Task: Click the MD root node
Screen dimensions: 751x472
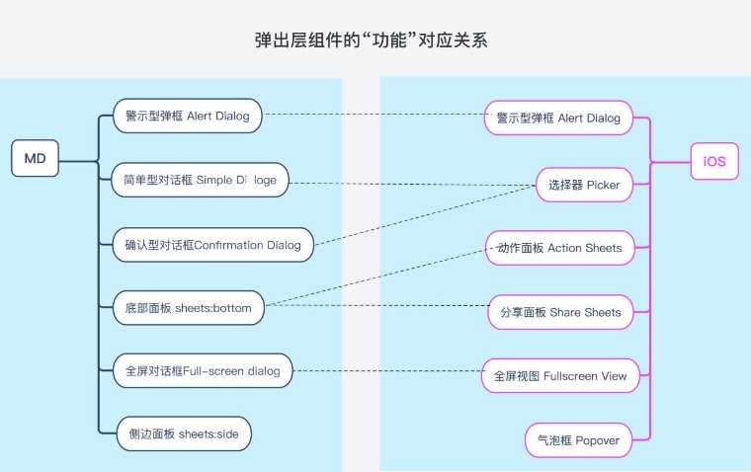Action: [x=35, y=158]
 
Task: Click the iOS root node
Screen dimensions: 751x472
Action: [x=714, y=161]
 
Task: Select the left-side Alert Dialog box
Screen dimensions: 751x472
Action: [x=188, y=116]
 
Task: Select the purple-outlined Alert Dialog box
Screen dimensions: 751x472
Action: [x=558, y=118]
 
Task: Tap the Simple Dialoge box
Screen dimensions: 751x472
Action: [x=200, y=180]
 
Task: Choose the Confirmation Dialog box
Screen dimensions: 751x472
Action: [x=213, y=245]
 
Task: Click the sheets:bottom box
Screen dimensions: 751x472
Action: [x=188, y=308]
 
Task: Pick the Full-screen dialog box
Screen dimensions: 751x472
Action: [x=203, y=370]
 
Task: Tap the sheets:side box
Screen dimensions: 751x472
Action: [x=184, y=433]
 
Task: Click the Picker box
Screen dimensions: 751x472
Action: [x=584, y=185]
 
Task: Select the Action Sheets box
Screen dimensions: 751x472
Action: [x=560, y=248]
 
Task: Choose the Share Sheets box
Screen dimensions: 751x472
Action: [x=561, y=312]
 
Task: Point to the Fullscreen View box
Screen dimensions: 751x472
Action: [x=560, y=376]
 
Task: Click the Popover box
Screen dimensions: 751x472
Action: [x=579, y=440]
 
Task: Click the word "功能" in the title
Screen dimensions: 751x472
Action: [x=390, y=39]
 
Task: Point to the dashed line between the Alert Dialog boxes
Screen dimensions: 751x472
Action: [x=375, y=115]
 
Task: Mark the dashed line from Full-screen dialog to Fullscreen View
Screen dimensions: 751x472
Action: [x=388, y=371]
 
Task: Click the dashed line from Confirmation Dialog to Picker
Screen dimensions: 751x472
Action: [x=425, y=215]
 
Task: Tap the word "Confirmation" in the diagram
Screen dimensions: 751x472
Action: [x=228, y=245]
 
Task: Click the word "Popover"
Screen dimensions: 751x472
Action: [x=597, y=440]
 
